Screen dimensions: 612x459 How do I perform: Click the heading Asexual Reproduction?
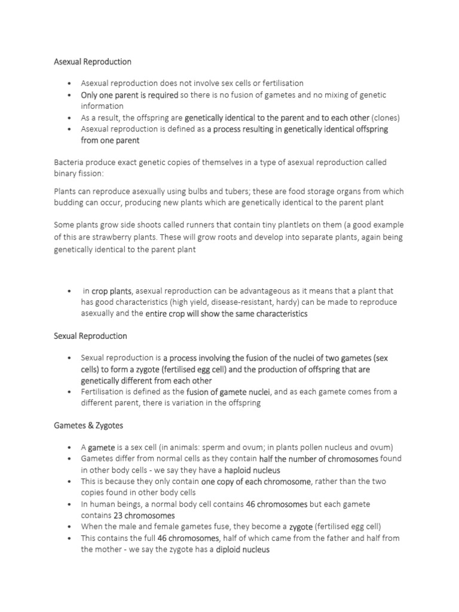coord(93,62)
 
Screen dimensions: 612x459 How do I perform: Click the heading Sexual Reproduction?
coord(90,336)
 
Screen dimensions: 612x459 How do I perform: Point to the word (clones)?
coord(385,118)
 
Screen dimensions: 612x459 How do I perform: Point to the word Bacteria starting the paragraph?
coord(69,163)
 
